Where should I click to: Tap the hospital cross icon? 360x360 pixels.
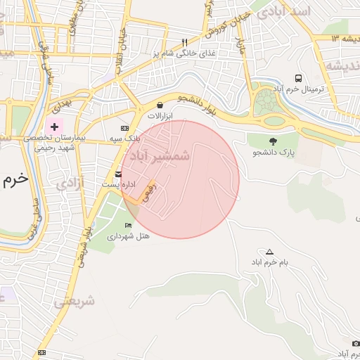(x=54, y=126)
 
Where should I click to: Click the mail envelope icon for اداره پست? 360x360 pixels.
(x=118, y=173)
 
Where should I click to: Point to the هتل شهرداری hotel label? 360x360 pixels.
(x=128, y=236)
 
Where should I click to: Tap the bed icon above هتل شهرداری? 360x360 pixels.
(x=127, y=225)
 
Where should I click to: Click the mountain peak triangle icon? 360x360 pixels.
(x=269, y=252)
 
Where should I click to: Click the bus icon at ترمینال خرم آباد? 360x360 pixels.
(x=299, y=78)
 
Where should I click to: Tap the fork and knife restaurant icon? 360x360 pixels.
(x=185, y=42)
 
